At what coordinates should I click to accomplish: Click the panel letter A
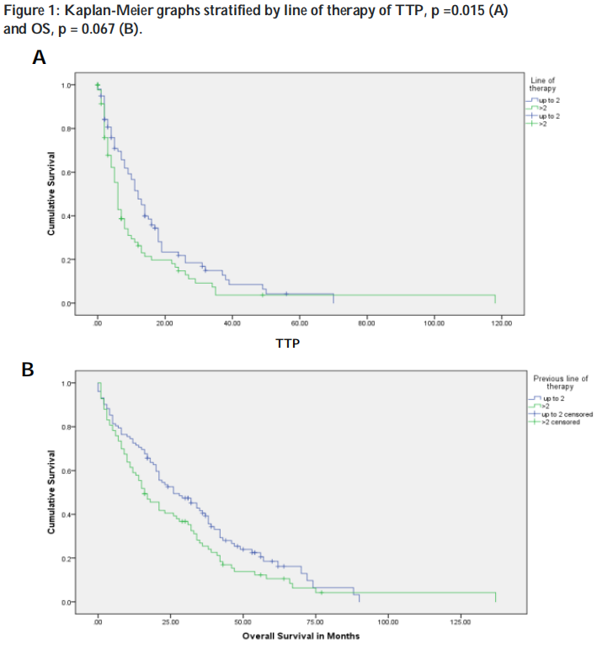click(x=39, y=58)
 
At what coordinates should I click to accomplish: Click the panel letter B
click(x=28, y=369)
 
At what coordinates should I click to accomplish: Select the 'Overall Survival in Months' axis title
click(x=301, y=636)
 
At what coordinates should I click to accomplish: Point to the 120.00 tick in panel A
click(x=501, y=322)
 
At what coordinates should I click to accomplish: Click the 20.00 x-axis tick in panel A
click(x=165, y=322)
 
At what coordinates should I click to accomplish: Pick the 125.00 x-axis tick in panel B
click(x=460, y=621)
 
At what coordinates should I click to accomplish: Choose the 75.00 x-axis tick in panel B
click(x=315, y=621)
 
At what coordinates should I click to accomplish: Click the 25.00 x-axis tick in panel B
click(x=170, y=621)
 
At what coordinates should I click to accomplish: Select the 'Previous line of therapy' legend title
click(x=560, y=382)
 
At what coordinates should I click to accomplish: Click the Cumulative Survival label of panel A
click(x=52, y=194)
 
